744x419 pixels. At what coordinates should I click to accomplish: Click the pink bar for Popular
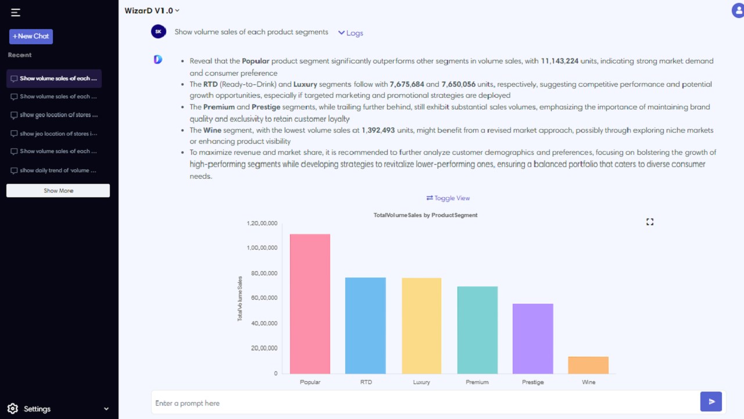[310, 304]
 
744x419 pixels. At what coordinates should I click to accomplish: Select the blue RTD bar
[366, 325]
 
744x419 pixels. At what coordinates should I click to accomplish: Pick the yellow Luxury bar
[421, 326]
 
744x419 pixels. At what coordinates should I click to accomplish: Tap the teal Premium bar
[477, 330]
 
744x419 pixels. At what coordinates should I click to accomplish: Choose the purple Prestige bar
[533, 339]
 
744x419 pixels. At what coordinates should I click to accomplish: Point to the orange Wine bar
[588, 365]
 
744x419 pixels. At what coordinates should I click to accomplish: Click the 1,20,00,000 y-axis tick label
[262, 223]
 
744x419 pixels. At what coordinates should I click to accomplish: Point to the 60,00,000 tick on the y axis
[264, 297]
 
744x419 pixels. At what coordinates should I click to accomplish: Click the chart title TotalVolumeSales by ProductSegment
[425, 215]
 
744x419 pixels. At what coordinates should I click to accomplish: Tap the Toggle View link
[448, 198]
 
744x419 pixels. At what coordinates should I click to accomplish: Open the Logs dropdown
[350, 33]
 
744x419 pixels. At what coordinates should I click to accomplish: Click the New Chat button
[31, 36]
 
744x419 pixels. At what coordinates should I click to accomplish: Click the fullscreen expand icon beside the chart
[650, 222]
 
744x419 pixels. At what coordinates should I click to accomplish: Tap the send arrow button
[711, 402]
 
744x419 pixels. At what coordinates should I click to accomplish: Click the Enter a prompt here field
[425, 403]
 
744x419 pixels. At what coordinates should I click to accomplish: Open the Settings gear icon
[13, 409]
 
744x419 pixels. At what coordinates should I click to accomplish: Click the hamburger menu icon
[15, 13]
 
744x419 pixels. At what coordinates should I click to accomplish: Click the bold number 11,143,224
[559, 61]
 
